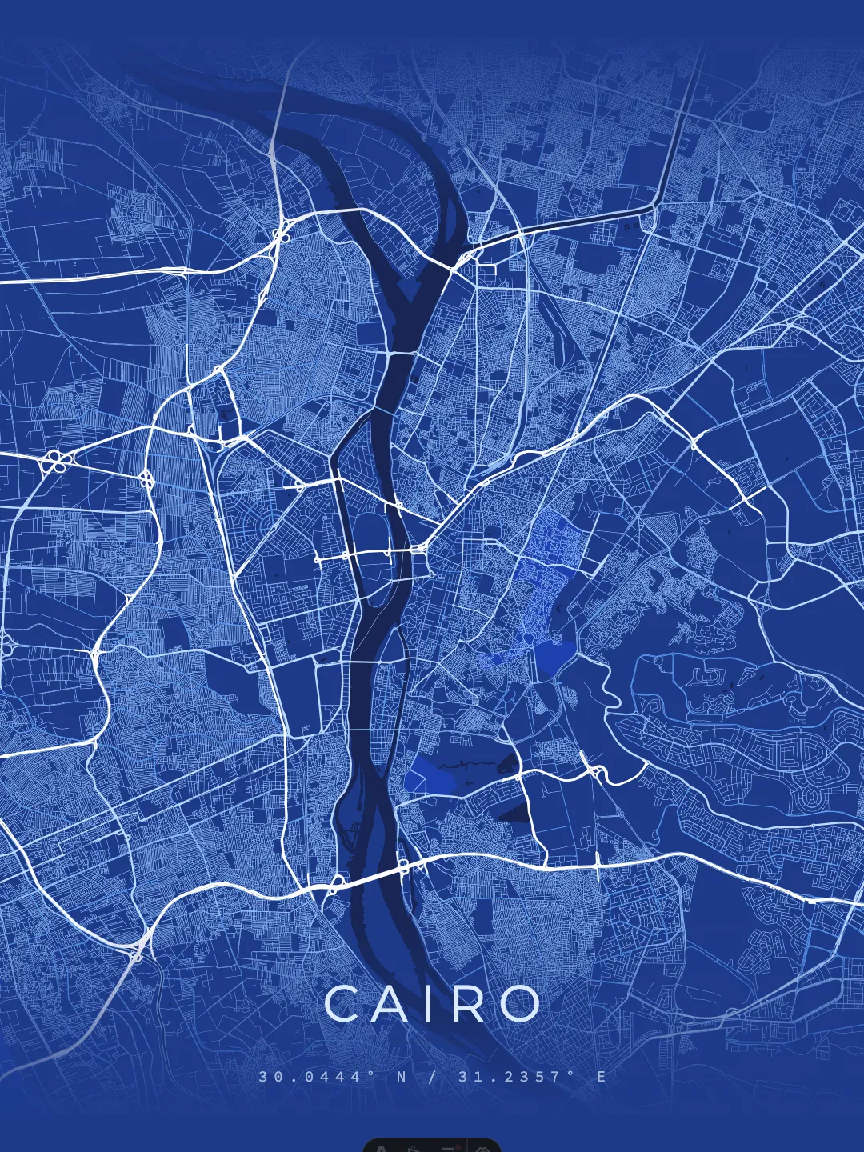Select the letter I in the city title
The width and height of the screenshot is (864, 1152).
point(428,1004)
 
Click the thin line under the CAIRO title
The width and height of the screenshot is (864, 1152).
point(432,1042)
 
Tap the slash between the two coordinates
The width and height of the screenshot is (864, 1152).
point(433,1077)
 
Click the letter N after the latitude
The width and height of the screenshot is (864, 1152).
point(402,1077)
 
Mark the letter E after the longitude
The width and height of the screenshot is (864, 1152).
point(602,1077)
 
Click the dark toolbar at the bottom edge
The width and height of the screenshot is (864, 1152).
point(432,1145)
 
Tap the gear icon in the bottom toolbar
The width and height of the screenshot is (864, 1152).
point(482,1148)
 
